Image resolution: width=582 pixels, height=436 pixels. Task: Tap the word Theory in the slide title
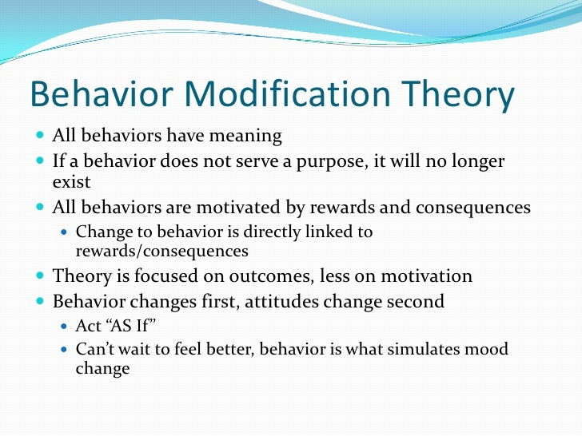[x=457, y=96]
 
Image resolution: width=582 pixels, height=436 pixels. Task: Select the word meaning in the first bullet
[x=245, y=136]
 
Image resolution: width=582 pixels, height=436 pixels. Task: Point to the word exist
[x=71, y=181]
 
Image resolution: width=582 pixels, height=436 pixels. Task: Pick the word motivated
[x=238, y=207]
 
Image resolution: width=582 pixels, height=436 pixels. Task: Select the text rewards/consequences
[x=161, y=251]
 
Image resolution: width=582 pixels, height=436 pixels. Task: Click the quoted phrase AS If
[x=130, y=326]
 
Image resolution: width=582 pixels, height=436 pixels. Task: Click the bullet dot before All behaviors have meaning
[x=40, y=135]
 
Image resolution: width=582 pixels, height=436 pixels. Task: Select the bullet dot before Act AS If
[x=65, y=327]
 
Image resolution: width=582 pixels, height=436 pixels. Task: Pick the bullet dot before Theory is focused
[x=40, y=275]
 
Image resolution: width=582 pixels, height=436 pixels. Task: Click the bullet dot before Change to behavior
[x=65, y=232]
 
